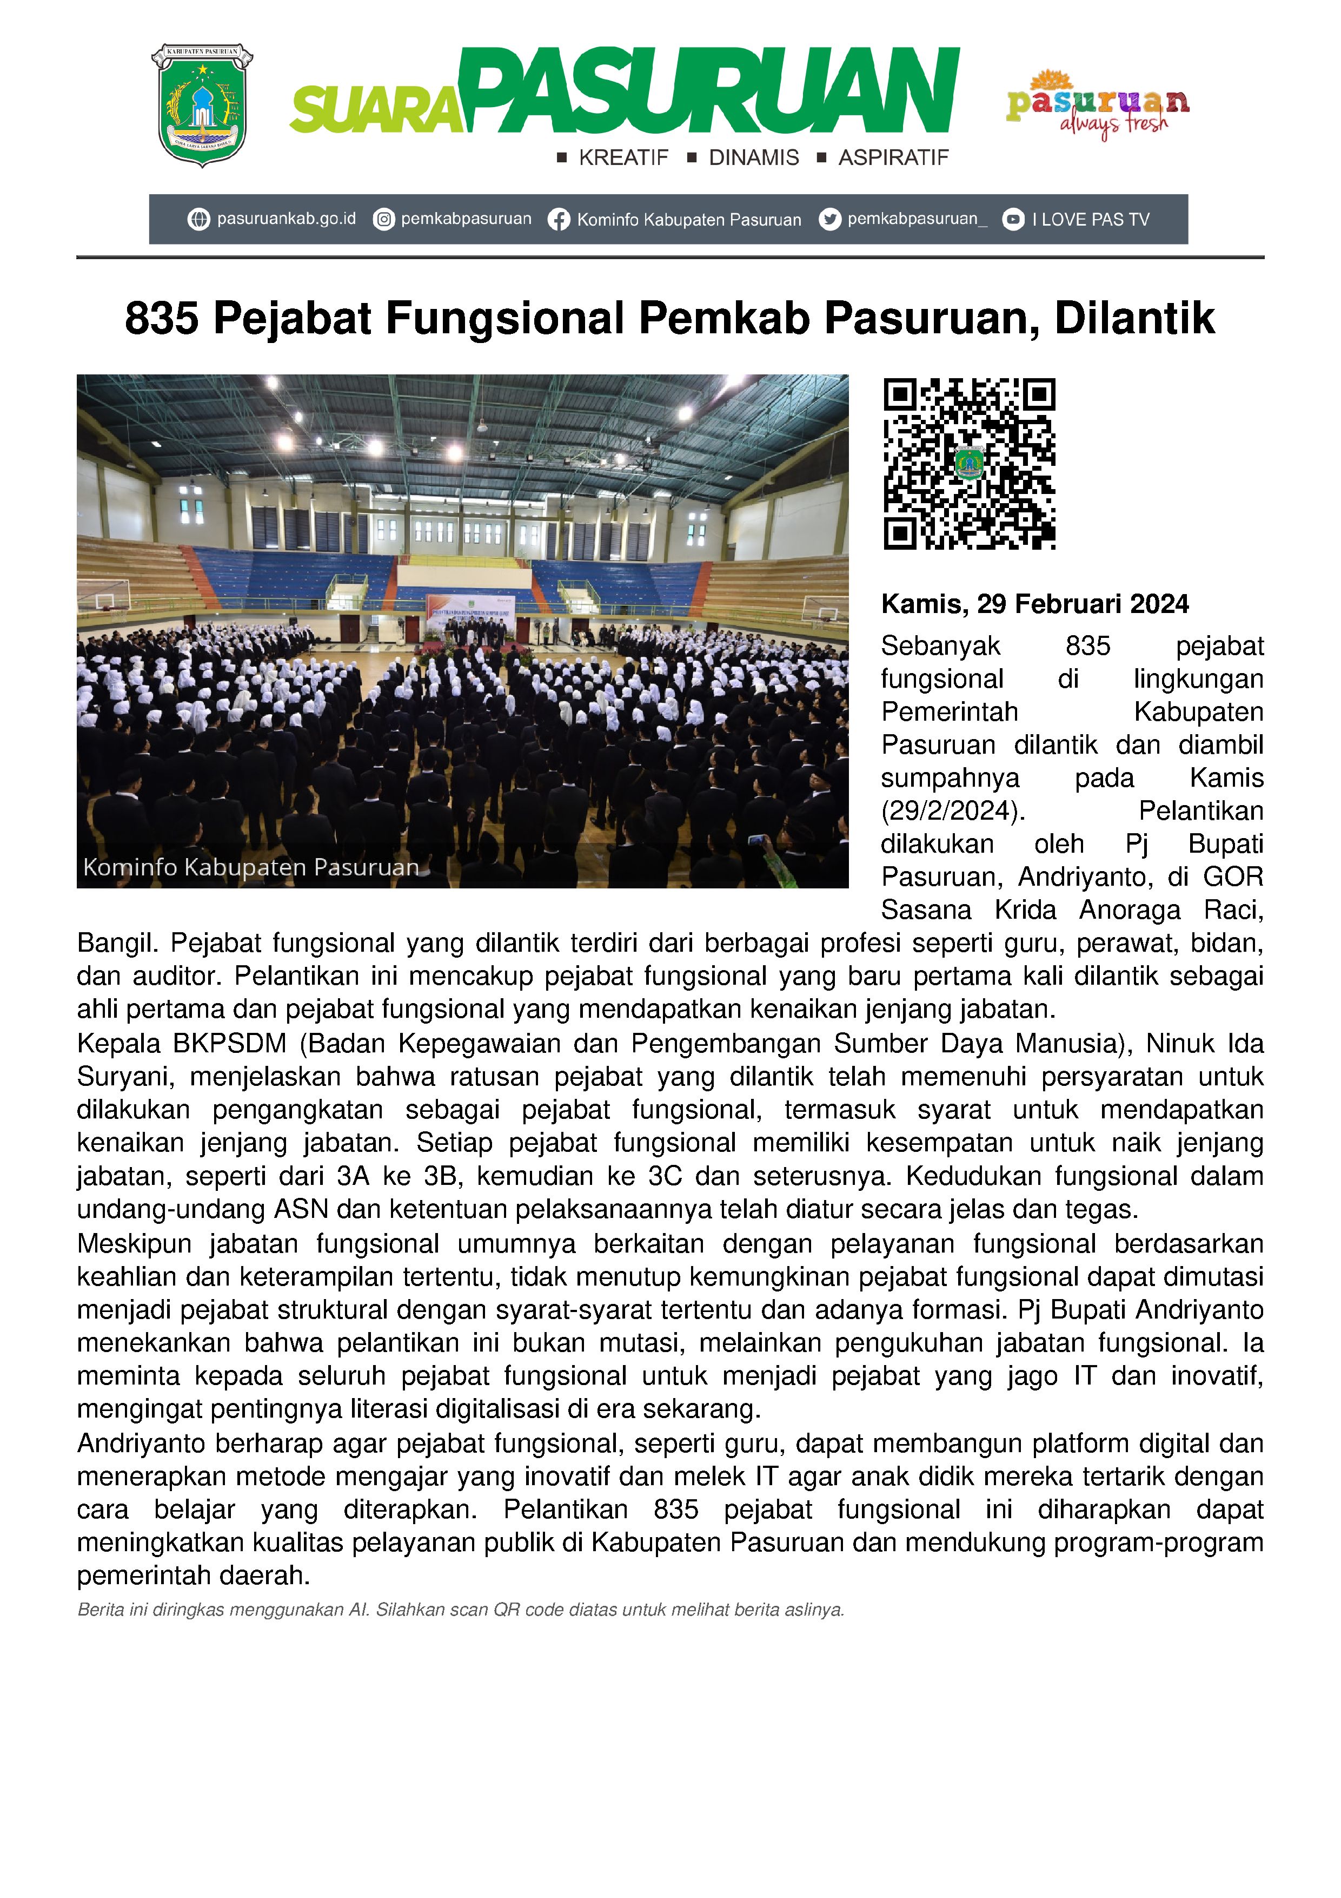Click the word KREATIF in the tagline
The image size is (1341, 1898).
click(623, 158)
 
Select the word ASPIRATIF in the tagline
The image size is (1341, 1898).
click(893, 158)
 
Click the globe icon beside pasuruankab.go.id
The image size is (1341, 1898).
click(198, 219)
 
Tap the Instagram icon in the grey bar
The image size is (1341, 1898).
click(383, 219)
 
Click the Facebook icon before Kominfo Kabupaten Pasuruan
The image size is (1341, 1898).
click(559, 220)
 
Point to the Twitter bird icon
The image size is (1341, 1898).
click(829, 219)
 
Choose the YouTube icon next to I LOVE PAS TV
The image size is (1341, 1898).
click(1013, 219)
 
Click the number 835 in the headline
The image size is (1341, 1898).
click(162, 318)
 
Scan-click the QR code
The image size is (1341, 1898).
click(969, 464)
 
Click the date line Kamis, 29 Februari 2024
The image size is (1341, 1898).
click(1034, 604)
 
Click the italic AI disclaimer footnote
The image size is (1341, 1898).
click(460, 1610)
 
